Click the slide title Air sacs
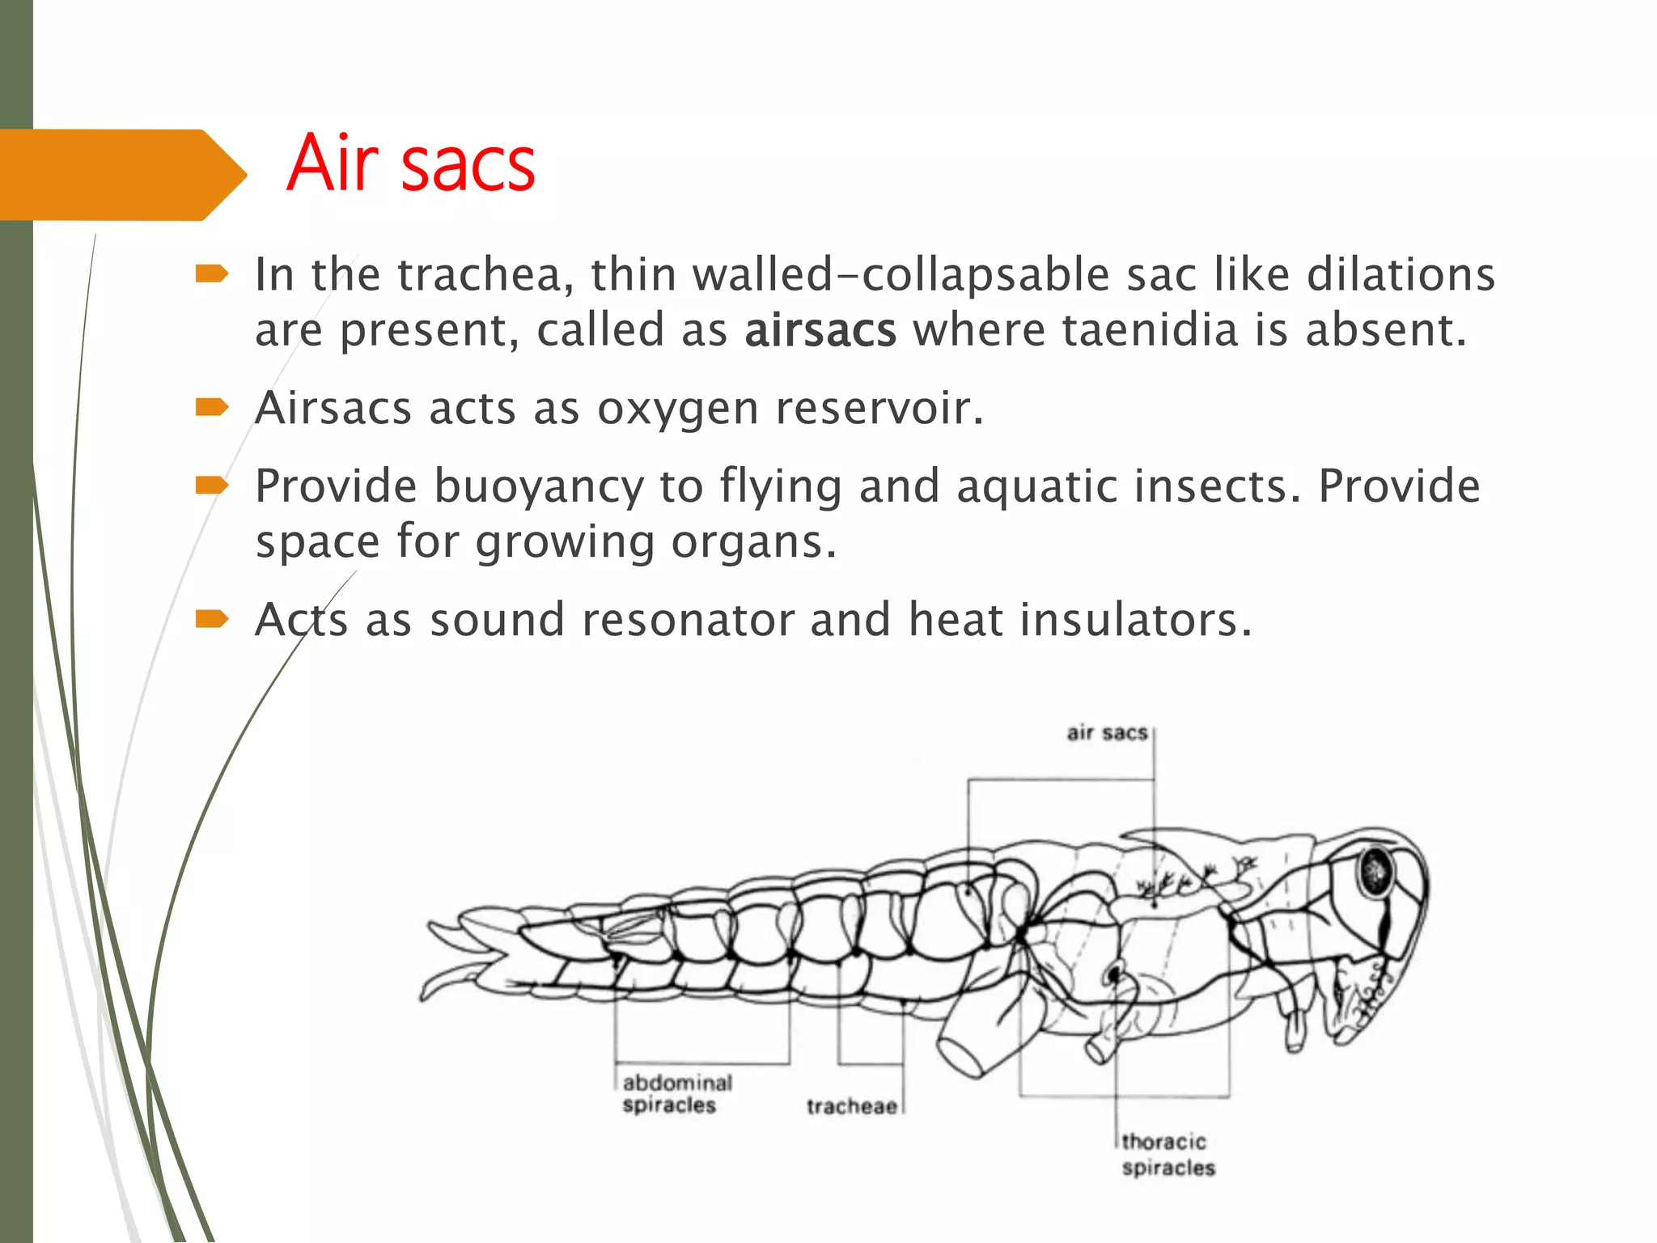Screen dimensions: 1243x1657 [410, 165]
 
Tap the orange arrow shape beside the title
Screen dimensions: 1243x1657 [121, 175]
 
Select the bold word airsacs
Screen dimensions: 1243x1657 [820, 331]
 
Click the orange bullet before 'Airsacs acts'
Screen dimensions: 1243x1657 [212, 407]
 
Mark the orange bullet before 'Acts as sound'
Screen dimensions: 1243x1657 [212, 620]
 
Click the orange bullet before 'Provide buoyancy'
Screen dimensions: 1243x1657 [212, 486]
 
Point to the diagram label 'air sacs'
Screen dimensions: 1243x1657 [1107, 733]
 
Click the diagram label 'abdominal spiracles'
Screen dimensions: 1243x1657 [676, 1094]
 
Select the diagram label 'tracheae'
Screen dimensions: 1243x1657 [851, 1106]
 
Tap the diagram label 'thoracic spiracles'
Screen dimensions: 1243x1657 [1168, 1155]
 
